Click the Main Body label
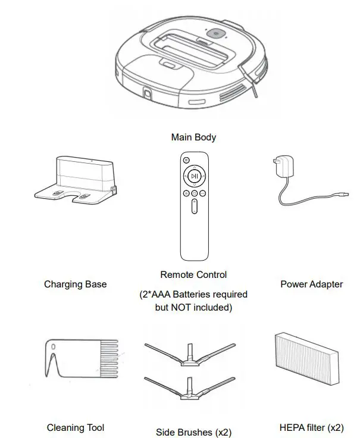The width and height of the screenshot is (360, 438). (x=193, y=137)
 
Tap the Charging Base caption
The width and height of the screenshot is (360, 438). (x=76, y=284)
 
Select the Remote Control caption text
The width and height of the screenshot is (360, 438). (x=193, y=275)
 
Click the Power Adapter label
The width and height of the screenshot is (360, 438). (x=311, y=284)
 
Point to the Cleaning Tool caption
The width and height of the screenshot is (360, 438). (x=76, y=427)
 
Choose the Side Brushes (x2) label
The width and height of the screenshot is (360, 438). (x=193, y=432)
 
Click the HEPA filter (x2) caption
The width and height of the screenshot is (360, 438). (x=311, y=427)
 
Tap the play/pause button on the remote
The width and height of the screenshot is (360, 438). (x=194, y=176)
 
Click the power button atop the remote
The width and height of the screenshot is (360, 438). (x=186, y=161)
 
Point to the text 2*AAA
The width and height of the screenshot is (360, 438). (x=152, y=295)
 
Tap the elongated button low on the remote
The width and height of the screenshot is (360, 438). (x=194, y=208)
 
